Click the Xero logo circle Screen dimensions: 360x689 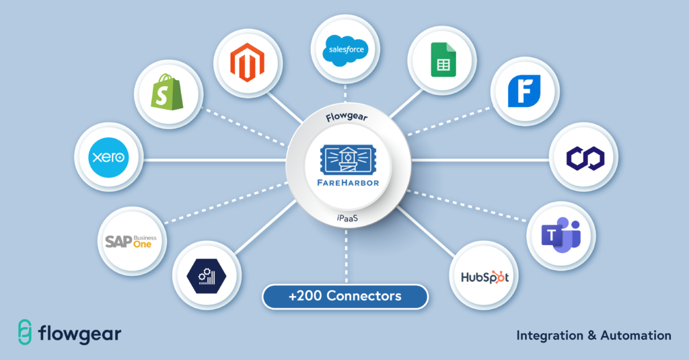pos(108,159)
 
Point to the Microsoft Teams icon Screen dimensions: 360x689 pos(560,235)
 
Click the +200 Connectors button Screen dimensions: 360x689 pos(344,296)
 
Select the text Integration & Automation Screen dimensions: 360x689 pos(593,334)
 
